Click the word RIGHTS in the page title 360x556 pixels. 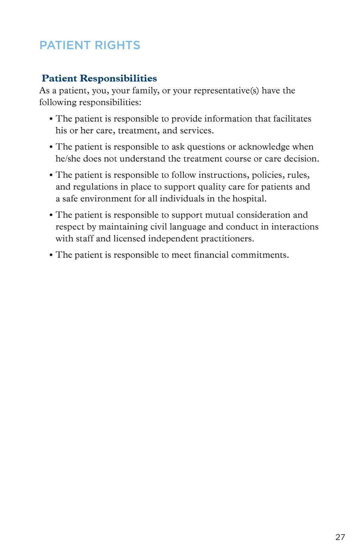click(117, 45)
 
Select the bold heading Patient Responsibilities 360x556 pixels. click(99, 78)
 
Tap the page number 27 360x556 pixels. click(340, 537)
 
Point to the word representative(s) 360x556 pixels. click(226, 91)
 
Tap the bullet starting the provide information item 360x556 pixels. click(51, 119)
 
